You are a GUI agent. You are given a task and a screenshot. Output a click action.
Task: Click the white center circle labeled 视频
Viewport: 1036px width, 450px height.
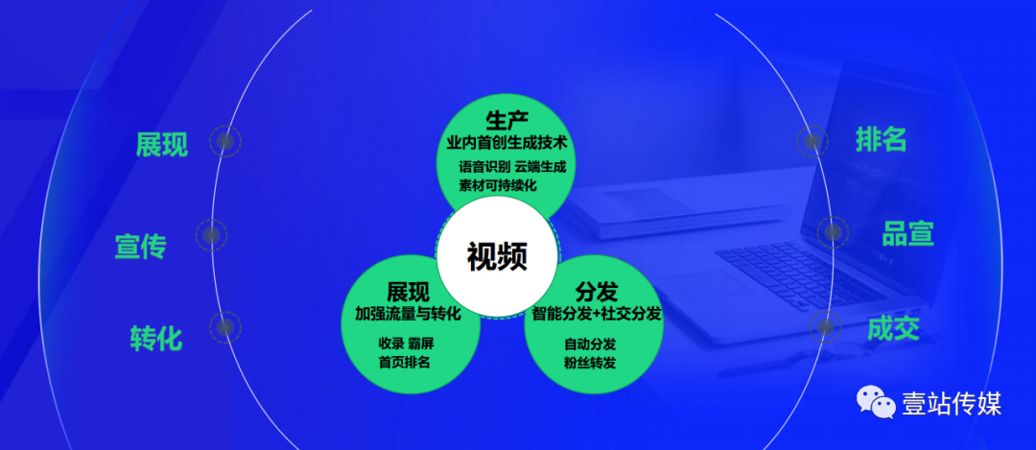498,256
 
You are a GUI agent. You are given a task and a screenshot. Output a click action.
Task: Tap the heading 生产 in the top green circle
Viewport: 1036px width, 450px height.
506,122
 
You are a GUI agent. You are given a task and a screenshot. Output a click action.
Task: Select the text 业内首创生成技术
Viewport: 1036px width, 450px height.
506,142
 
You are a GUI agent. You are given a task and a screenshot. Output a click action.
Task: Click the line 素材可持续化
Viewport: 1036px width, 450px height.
498,185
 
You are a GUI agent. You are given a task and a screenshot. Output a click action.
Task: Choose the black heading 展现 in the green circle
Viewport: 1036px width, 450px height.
408,292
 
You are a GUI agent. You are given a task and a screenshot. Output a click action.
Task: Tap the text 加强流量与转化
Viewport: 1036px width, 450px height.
408,313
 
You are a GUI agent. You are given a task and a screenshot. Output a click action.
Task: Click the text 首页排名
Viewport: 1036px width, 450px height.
405,362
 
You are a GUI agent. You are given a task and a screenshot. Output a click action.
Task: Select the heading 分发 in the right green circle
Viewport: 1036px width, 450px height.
596,292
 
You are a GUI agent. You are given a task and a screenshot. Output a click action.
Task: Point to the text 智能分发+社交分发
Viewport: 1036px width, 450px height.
597,313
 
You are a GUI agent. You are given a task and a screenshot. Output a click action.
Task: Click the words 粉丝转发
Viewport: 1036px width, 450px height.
590,363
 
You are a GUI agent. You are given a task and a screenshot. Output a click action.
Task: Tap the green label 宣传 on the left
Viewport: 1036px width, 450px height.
141,247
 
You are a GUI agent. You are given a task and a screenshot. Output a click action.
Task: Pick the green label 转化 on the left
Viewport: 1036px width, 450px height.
156,339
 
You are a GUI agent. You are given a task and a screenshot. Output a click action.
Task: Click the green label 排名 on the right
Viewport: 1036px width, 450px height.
881,139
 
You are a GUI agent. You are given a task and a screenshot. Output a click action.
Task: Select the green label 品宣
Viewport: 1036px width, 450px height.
907,234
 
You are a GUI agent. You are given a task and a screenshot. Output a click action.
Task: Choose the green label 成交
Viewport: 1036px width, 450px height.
893,328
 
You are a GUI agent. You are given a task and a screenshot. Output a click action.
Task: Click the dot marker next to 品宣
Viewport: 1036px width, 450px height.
833,232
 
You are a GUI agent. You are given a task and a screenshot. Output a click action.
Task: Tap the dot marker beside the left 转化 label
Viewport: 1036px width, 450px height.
225,327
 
